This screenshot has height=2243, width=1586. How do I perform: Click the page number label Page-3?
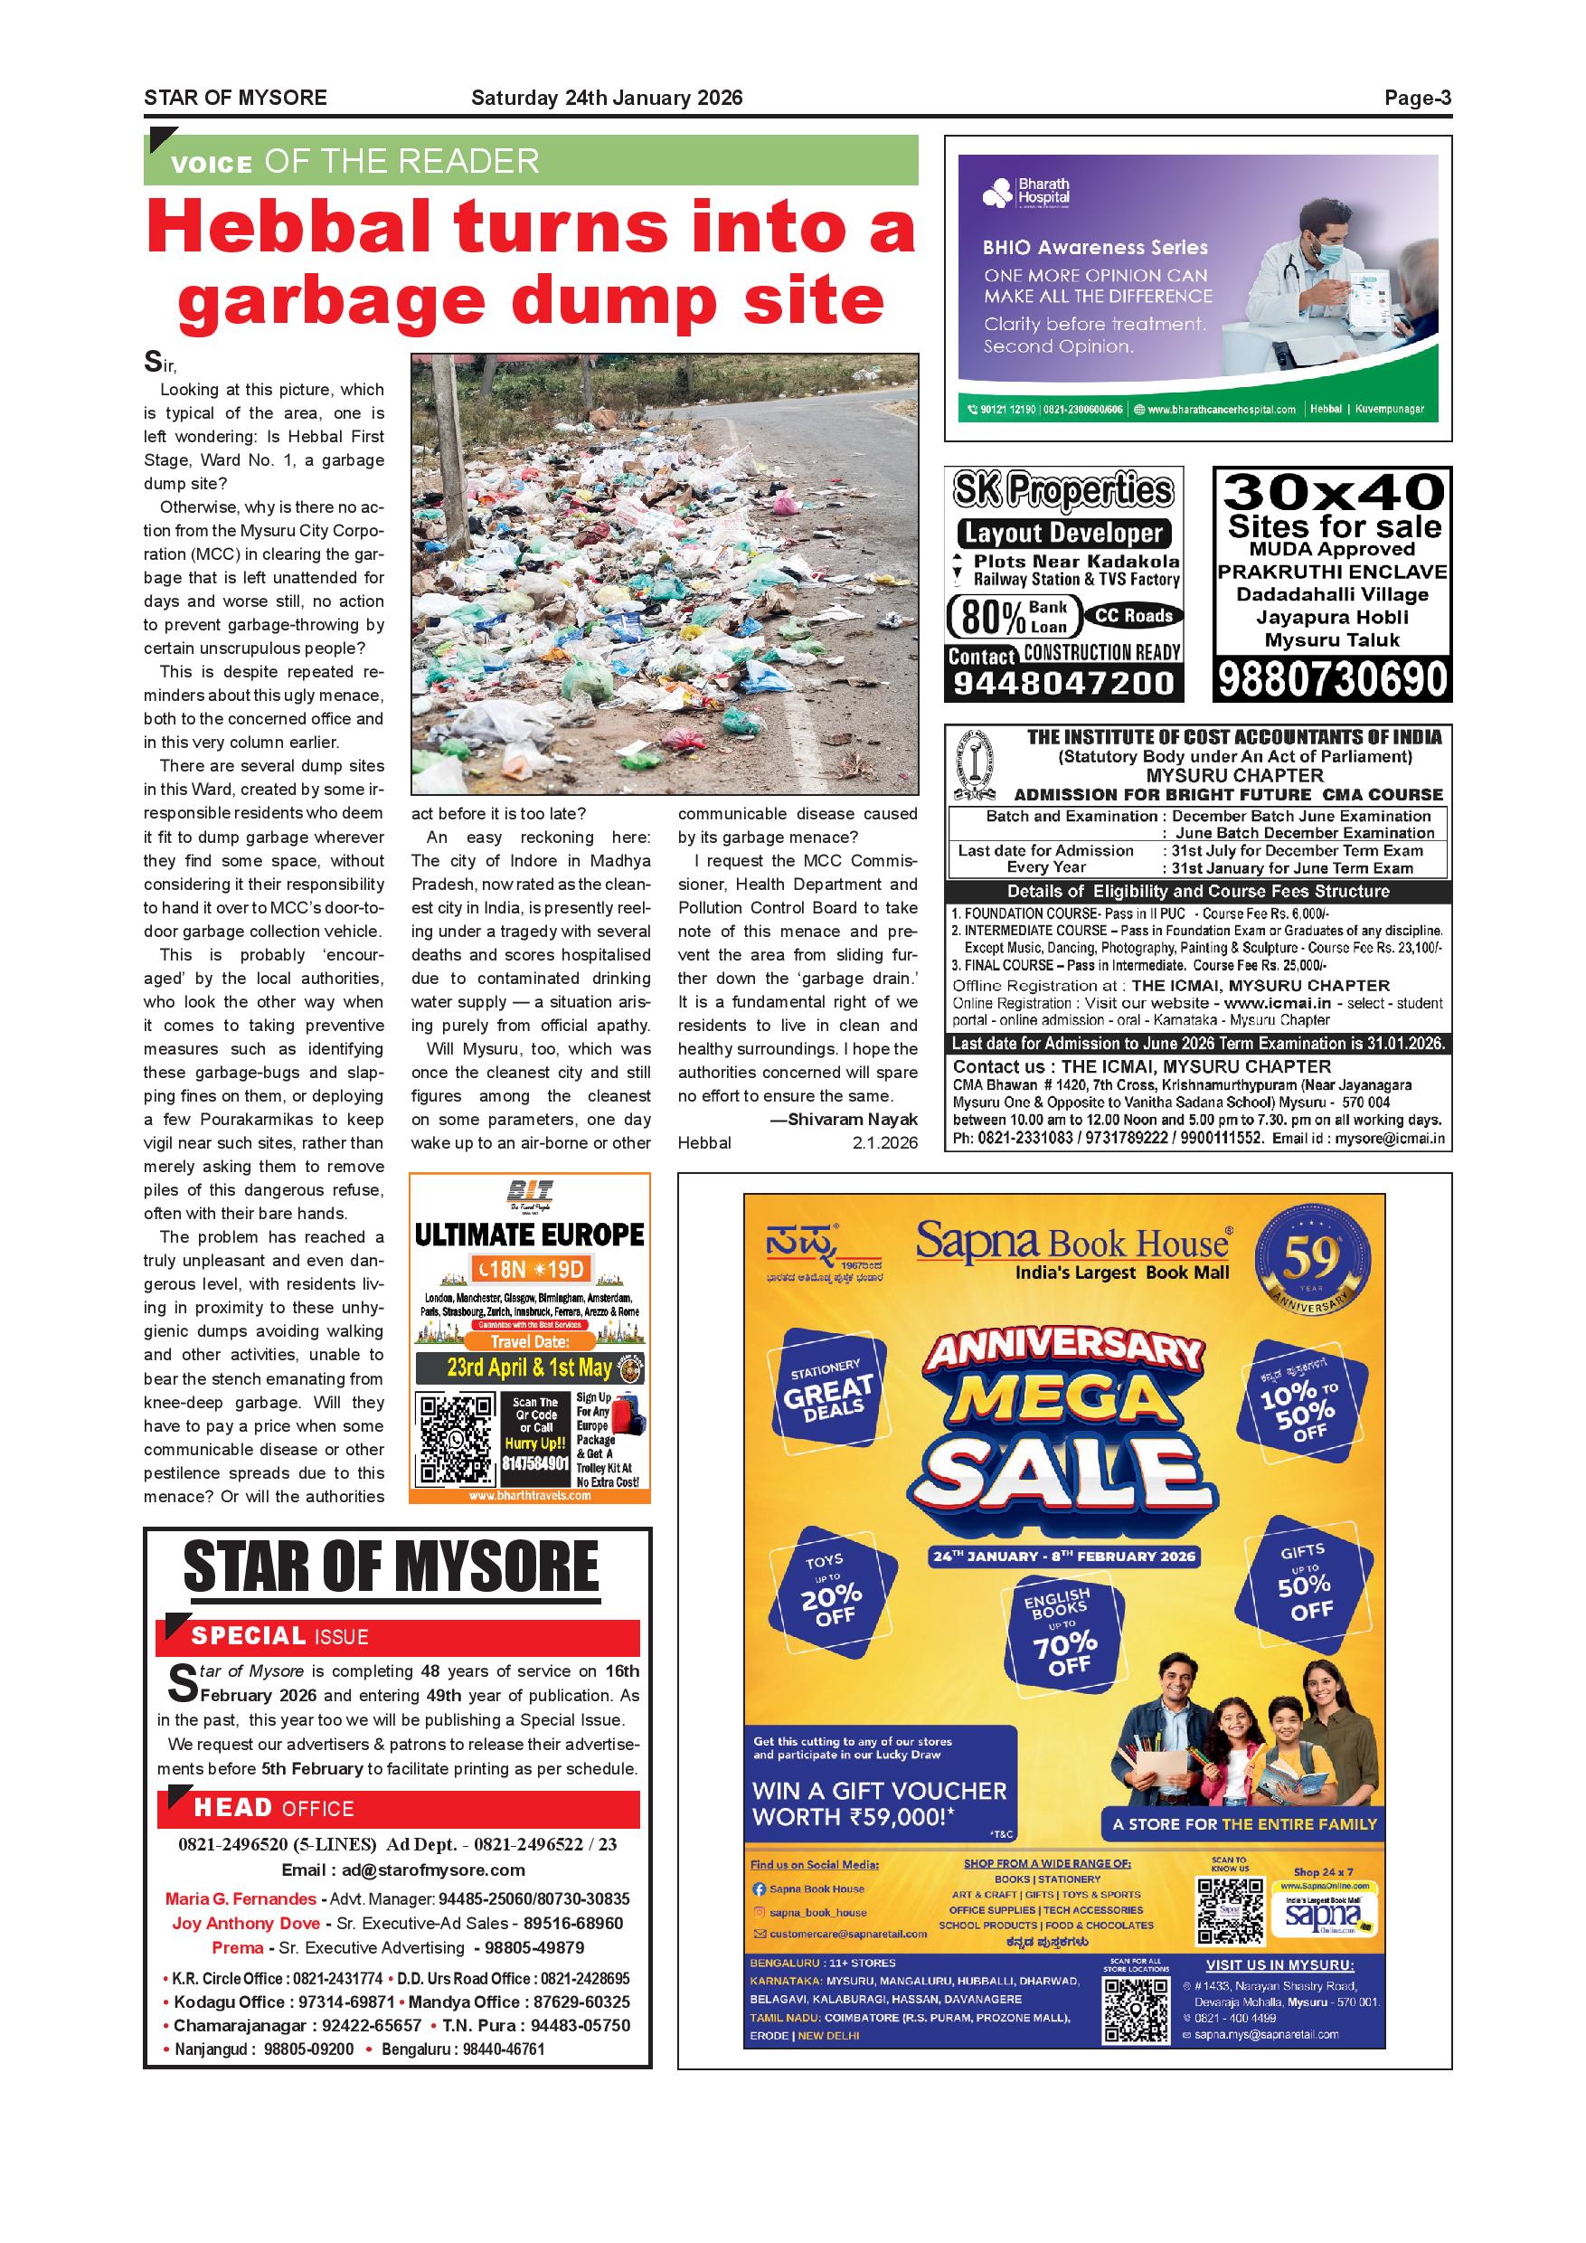[x=1417, y=98]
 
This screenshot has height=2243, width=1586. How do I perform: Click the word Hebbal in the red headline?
[x=289, y=227]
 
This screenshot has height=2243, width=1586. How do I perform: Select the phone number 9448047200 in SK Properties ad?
[x=1062, y=683]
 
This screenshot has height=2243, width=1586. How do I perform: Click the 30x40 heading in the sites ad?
[x=1333, y=490]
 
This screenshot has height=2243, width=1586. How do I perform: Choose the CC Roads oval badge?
[x=1133, y=615]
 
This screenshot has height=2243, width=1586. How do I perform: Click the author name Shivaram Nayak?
[x=852, y=1120]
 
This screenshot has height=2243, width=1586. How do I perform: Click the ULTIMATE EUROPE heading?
[x=529, y=1235]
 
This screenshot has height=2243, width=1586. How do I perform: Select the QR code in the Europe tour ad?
[x=455, y=1440]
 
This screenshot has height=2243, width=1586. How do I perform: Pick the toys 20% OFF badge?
[x=830, y=1593]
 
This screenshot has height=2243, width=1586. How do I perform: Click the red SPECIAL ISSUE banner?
[x=398, y=1636]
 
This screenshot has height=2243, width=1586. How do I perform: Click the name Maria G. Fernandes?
[x=241, y=1899]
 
